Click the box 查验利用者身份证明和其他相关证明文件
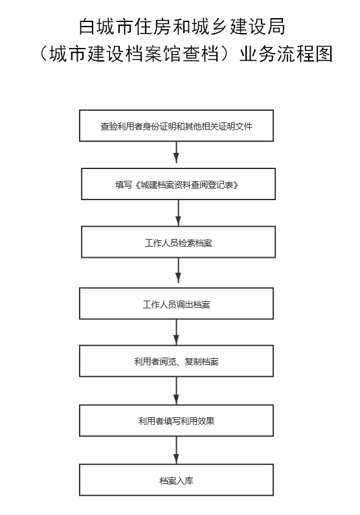click(176, 126)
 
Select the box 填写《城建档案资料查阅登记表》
click(178, 184)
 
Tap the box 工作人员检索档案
click(178, 242)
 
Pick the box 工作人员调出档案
click(176, 303)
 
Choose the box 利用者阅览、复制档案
click(176, 361)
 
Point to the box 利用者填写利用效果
click(176, 420)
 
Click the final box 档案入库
click(176, 480)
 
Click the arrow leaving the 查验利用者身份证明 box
click(177, 152)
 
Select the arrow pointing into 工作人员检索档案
click(178, 213)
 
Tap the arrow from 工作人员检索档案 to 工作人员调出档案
click(178, 270)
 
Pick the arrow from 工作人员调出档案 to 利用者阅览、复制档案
click(176, 332)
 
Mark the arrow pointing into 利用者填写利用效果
click(176, 391)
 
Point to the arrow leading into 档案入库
click(176, 450)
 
